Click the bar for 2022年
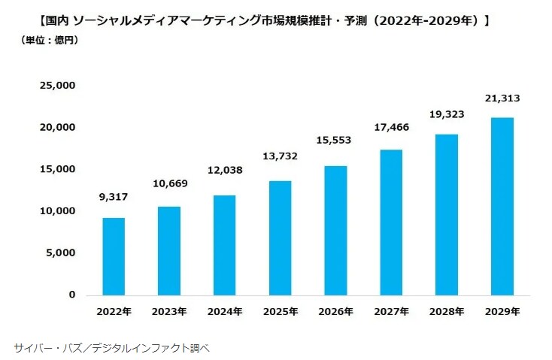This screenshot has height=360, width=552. [x=114, y=256]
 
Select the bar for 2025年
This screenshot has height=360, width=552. [x=280, y=237]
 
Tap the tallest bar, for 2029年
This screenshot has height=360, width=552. [x=502, y=206]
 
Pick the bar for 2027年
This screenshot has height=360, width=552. [x=391, y=222]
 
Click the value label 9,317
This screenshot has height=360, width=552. [x=114, y=198]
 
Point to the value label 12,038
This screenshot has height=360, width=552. [x=224, y=171]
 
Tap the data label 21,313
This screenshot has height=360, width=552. [x=502, y=98]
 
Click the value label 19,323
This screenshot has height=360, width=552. [x=446, y=114]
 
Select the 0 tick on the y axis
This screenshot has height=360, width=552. [x=71, y=295]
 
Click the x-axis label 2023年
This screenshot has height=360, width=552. [x=168, y=311]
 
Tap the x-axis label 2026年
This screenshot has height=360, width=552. [x=335, y=311]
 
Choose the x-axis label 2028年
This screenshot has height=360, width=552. [x=446, y=311]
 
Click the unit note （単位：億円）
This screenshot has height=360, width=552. [x=49, y=40]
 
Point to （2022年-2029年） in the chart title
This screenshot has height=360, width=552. [x=426, y=20]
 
